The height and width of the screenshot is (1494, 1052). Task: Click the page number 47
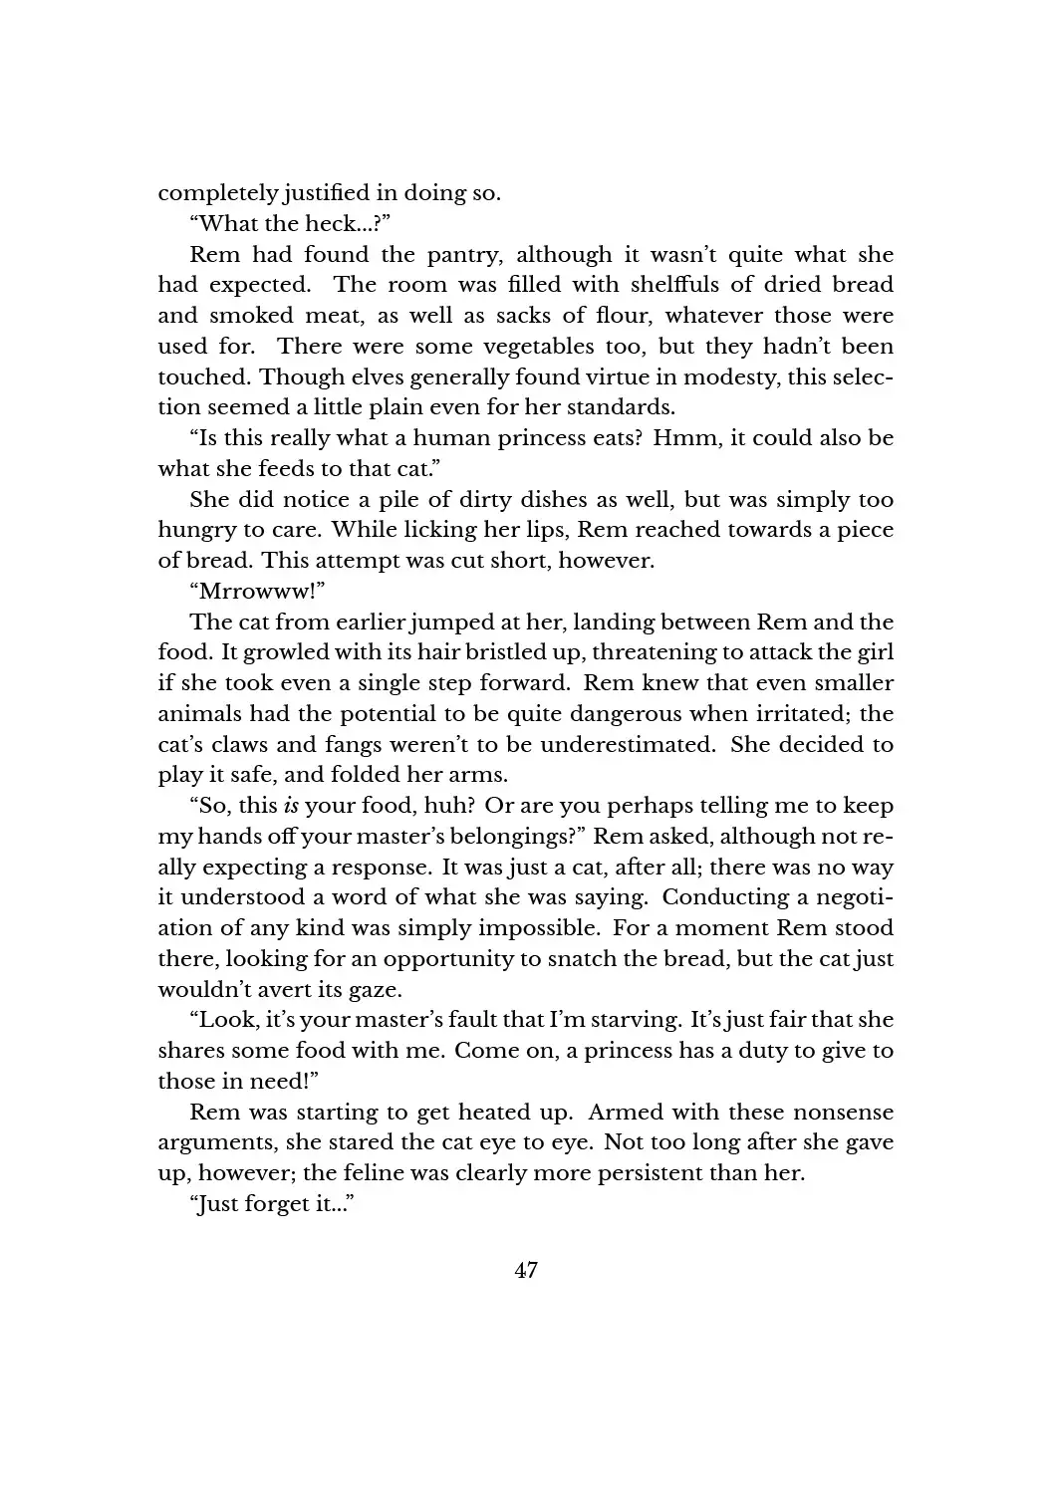pyautogui.click(x=526, y=1270)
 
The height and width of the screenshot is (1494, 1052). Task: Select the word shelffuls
pyautogui.click(x=674, y=285)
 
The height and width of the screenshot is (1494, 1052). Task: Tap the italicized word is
pyautogui.click(x=291, y=807)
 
